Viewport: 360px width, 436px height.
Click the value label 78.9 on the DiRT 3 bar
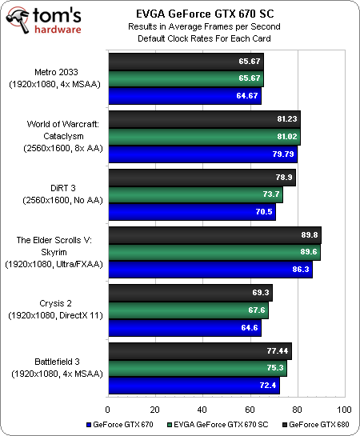click(285, 176)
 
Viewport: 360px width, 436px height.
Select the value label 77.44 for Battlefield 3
click(278, 351)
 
